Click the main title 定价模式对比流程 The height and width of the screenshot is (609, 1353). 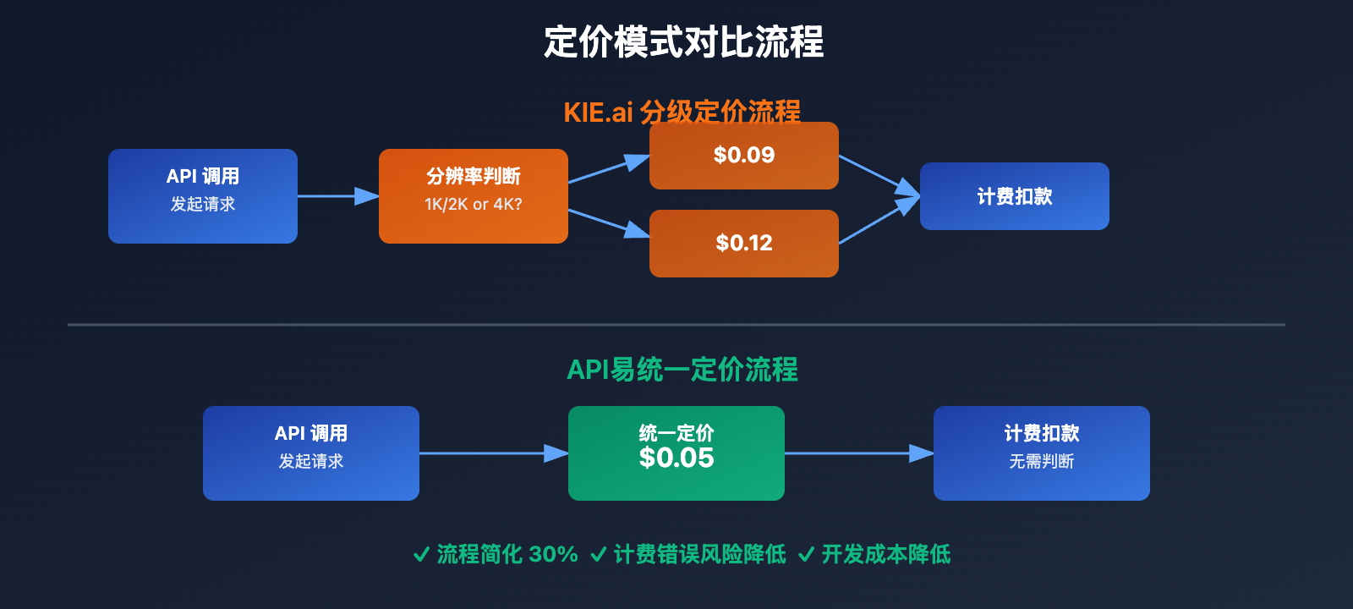[x=683, y=42]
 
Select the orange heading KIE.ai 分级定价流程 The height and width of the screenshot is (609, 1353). [x=682, y=112]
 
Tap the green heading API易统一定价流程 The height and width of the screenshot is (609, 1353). [x=682, y=370]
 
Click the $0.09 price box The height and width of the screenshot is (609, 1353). [x=743, y=155]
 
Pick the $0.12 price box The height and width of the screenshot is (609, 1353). [x=743, y=243]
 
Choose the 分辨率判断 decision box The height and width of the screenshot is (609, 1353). [x=473, y=195]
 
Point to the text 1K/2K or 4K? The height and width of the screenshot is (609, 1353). [x=473, y=205]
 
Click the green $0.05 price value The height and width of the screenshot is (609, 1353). [x=676, y=458]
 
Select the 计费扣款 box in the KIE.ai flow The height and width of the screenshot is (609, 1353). [x=1014, y=196]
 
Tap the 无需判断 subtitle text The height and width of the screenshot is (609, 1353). [x=1041, y=462]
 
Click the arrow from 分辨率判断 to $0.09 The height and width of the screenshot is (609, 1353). [x=608, y=169]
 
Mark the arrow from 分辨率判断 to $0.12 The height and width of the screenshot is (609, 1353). [x=608, y=222]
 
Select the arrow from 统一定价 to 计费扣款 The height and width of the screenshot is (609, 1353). [x=858, y=453]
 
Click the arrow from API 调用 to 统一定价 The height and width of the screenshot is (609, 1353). [x=493, y=453]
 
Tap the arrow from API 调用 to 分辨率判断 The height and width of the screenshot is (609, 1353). [x=337, y=196]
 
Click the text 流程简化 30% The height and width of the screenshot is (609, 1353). [x=507, y=555]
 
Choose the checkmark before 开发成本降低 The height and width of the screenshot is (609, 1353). [x=806, y=555]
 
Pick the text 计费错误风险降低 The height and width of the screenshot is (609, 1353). [x=699, y=555]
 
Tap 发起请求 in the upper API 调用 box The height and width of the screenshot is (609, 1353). [x=203, y=205]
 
